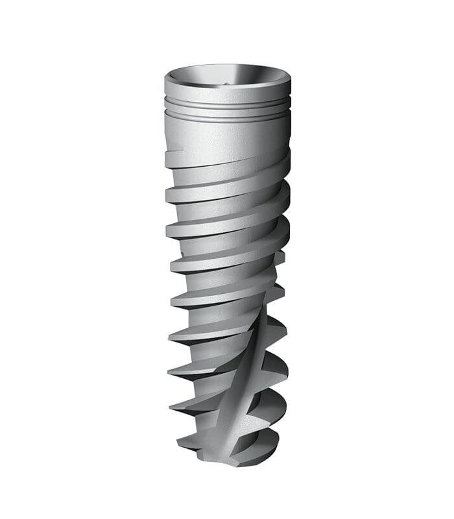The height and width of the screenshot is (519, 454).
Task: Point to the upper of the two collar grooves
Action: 227,104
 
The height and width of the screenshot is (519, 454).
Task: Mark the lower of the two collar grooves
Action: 227,115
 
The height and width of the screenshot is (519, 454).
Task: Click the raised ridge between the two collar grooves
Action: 227,110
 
